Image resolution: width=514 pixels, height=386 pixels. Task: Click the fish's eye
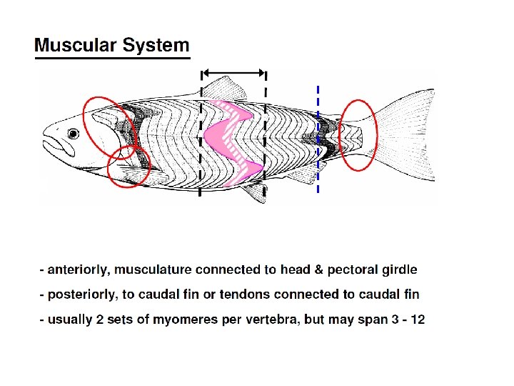click(73, 134)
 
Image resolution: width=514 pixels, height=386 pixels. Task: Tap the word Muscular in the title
click(76, 46)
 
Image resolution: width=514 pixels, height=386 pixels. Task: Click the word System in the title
click(156, 46)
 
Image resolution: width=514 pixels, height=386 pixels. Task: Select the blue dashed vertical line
click(318, 139)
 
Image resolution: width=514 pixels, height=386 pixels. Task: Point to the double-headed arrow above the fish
click(233, 72)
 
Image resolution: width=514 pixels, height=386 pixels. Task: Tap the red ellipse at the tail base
click(358, 135)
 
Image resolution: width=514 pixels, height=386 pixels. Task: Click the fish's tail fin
click(407, 136)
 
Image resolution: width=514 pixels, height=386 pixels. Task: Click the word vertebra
click(273, 319)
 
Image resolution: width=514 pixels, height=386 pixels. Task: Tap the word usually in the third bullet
click(70, 319)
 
